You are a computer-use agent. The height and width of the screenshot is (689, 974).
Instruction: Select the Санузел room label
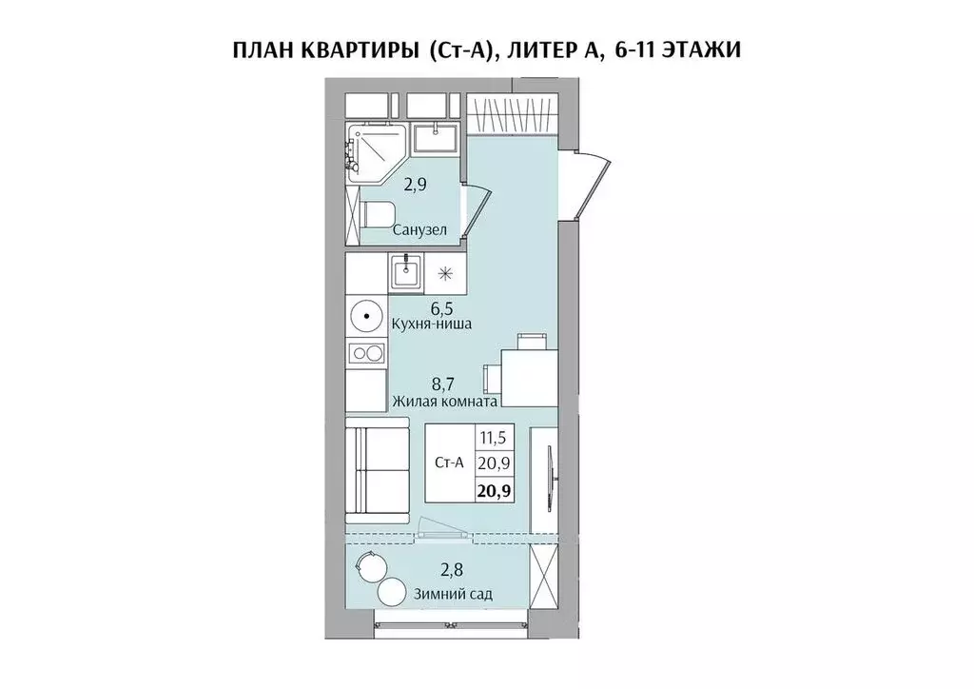(x=419, y=230)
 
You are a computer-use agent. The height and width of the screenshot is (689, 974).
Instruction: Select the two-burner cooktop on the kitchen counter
(x=365, y=353)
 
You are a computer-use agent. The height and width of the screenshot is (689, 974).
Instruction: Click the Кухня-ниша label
(x=432, y=325)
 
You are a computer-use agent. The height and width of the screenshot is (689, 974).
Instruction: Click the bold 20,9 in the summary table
(x=494, y=492)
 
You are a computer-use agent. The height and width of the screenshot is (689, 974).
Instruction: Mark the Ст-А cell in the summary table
(x=448, y=464)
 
